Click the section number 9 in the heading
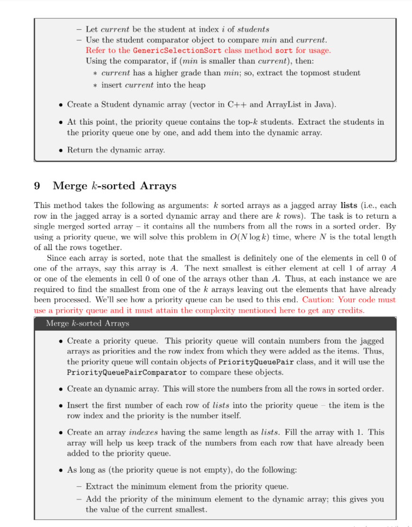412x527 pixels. (x=37, y=186)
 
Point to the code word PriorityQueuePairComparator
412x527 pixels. (x=127, y=372)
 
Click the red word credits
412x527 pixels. (x=351, y=310)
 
